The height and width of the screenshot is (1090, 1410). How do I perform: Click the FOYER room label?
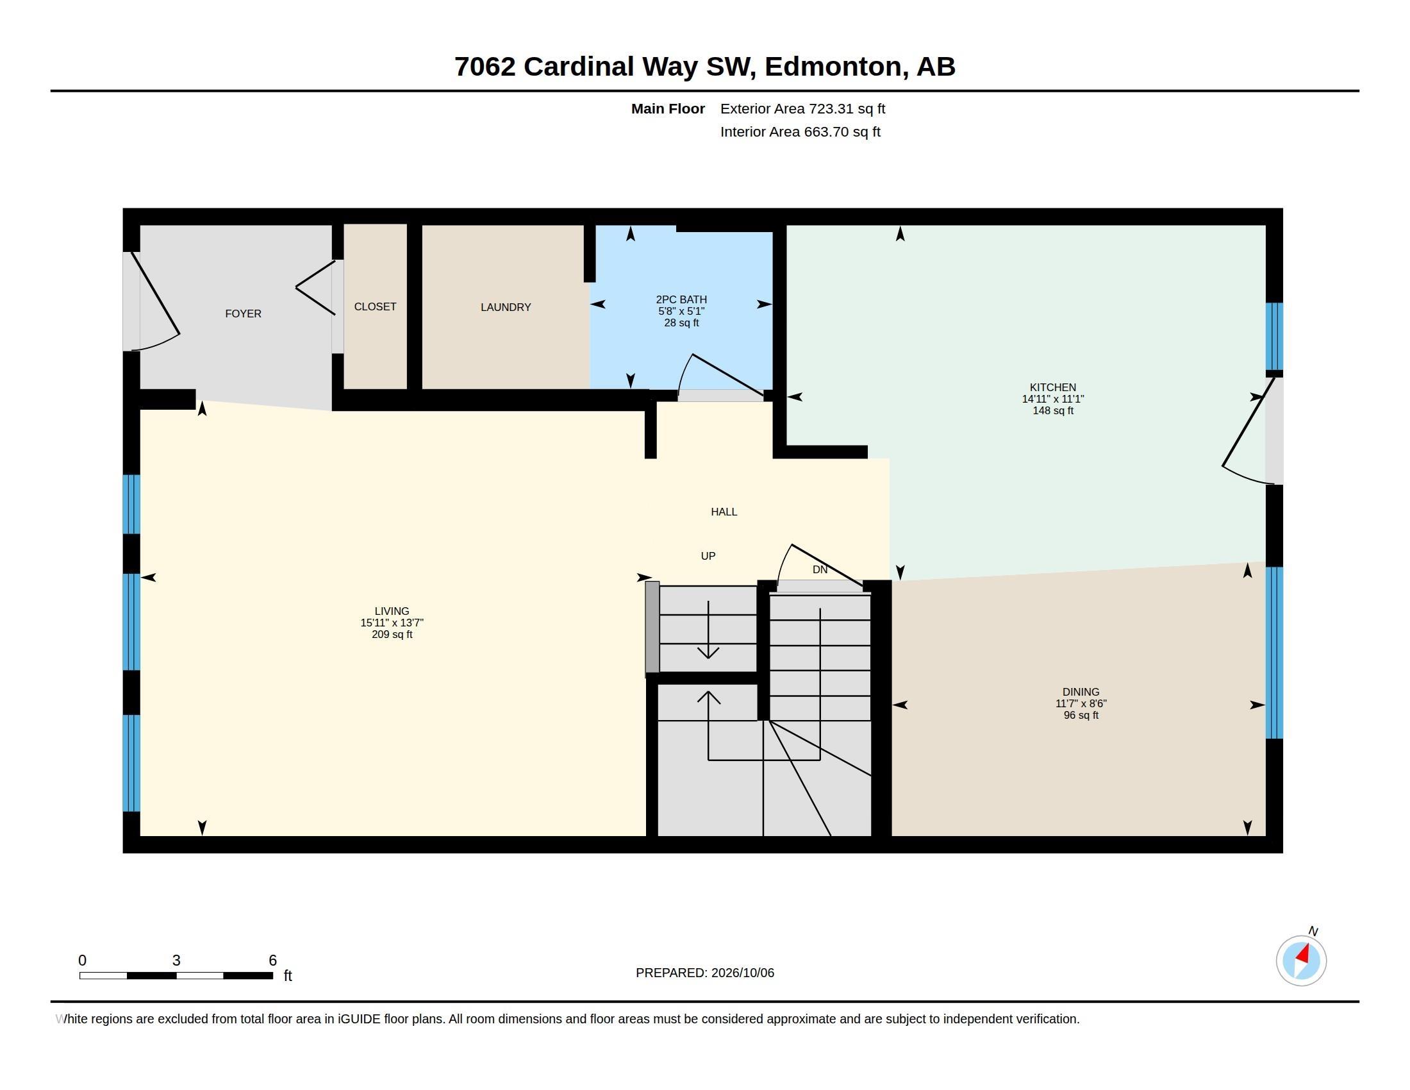pos(243,314)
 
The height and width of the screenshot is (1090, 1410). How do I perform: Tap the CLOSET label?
pos(375,306)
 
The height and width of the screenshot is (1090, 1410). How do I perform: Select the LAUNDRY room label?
pos(506,307)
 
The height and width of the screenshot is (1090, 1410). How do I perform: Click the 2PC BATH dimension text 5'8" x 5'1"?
pos(681,311)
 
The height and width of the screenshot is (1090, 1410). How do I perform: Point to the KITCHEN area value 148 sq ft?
pos(1053,411)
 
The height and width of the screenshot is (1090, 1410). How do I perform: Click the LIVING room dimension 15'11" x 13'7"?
pos(392,623)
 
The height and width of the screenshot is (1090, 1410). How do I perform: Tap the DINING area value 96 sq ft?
pos(1081,716)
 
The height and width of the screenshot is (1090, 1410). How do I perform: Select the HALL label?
pos(724,512)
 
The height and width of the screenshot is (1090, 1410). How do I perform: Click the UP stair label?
pos(708,556)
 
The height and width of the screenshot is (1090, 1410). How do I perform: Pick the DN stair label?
pos(820,569)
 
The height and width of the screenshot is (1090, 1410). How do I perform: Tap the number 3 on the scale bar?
pos(176,960)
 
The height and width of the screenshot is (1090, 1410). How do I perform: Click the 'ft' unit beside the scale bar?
pos(288,976)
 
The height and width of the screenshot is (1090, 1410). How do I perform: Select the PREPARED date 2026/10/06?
pos(742,973)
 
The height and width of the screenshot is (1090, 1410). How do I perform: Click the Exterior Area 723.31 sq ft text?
pos(802,109)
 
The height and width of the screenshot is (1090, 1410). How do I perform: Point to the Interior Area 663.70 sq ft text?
pos(800,132)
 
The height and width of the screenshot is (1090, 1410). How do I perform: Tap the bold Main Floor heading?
pos(668,109)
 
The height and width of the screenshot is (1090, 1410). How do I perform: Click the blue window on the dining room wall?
pos(1273,652)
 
